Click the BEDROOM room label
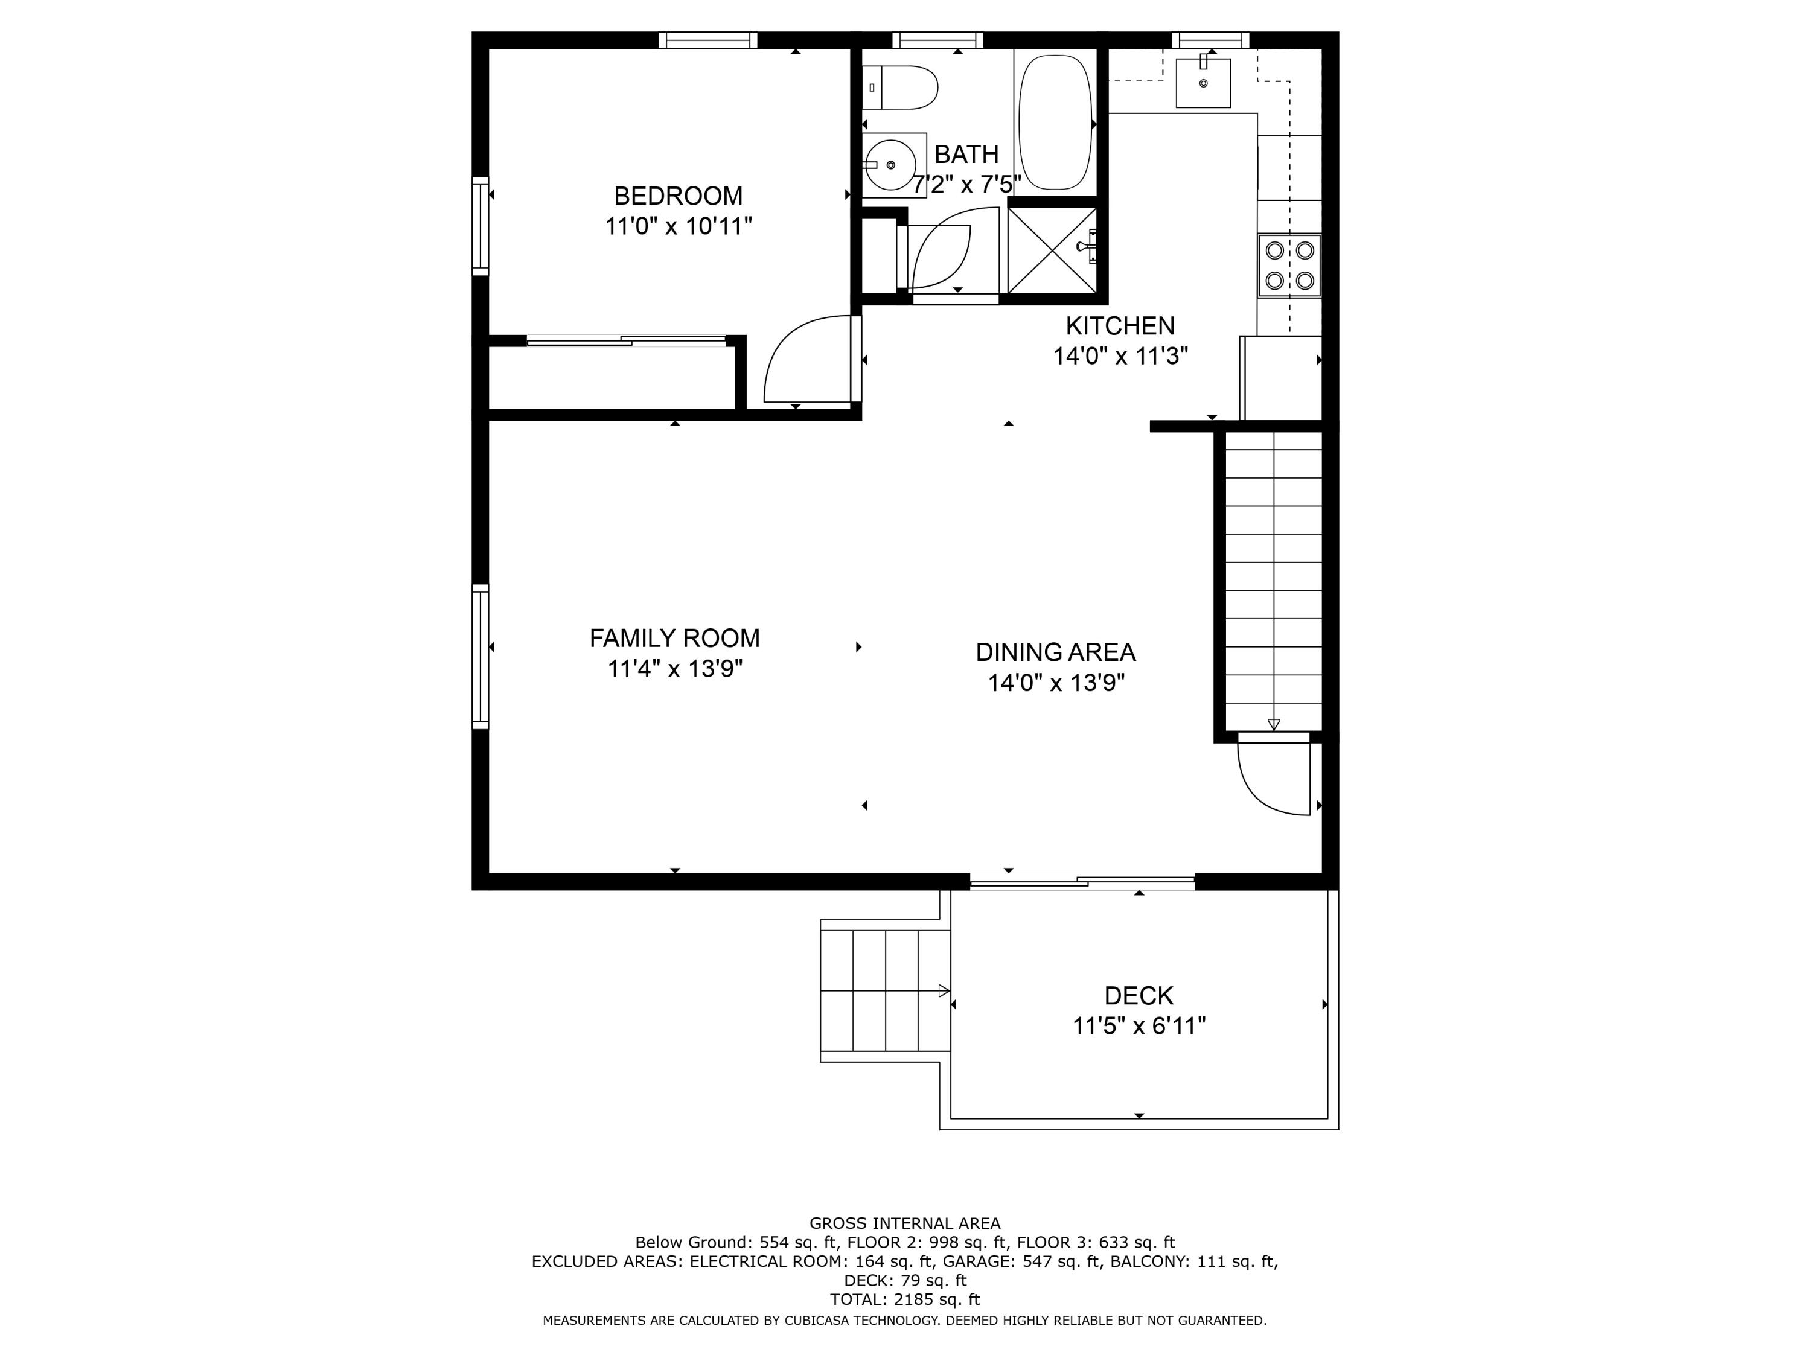[678, 196]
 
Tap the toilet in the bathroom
[901, 88]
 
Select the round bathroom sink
[890, 165]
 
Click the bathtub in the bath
[1055, 123]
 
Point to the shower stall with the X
[1051, 250]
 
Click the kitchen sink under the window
[1203, 83]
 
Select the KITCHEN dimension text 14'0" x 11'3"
[1120, 356]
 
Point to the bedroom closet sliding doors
[627, 340]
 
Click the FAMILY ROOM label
[675, 638]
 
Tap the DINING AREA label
[1055, 652]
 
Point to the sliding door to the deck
[1082, 882]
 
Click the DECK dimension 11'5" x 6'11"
[1139, 1025]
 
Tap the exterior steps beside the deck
[884, 991]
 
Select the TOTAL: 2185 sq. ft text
[905, 1299]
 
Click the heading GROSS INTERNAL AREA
[905, 1223]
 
